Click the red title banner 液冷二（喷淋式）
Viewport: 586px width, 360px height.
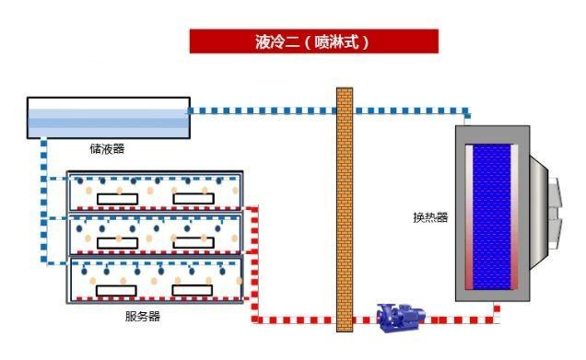pos(313,41)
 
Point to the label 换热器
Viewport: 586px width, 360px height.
pos(429,218)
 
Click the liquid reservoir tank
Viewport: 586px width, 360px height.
pos(108,117)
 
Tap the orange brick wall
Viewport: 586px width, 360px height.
pos(345,208)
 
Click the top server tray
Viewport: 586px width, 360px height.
pos(155,191)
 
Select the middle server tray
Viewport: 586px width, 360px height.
pos(155,234)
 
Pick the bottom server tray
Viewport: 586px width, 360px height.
pos(155,280)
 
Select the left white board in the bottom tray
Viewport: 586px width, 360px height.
pos(118,289)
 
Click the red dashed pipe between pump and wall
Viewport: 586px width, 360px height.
pos(364,320)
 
